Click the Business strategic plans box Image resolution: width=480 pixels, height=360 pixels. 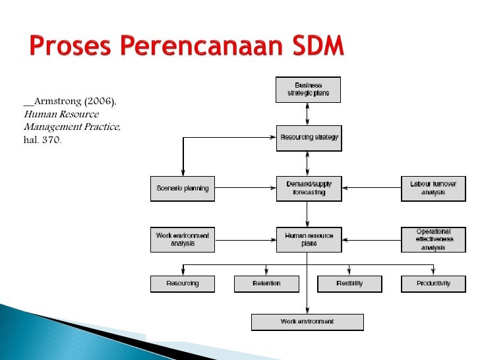[x=308, y=90]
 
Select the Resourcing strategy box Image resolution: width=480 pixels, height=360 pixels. [x=308, y=138]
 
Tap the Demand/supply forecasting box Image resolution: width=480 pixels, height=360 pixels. [x=308, y=189]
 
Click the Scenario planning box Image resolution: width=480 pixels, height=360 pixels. [x=183, y=189]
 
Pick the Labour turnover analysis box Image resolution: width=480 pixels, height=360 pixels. [x=433, y=189]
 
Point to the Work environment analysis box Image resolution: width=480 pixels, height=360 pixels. [x=183, y=239]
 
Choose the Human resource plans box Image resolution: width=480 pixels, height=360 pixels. [x=308, y=239]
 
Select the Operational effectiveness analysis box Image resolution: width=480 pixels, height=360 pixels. [x=433, y=239]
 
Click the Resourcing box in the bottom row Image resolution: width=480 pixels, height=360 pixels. [x=183, y=284]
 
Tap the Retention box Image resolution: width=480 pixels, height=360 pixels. [x=266, y=284]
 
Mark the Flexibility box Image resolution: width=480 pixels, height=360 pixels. [x=349, y=284]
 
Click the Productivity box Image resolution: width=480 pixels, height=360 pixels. [x=433, y=284]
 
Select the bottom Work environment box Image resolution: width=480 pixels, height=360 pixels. [x=307, y=322]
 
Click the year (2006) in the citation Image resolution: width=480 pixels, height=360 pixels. [x=99, y=102]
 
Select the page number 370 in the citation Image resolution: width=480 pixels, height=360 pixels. [x=51, y=139]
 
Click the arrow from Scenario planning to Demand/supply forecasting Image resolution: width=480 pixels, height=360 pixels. [x=245, y=189]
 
